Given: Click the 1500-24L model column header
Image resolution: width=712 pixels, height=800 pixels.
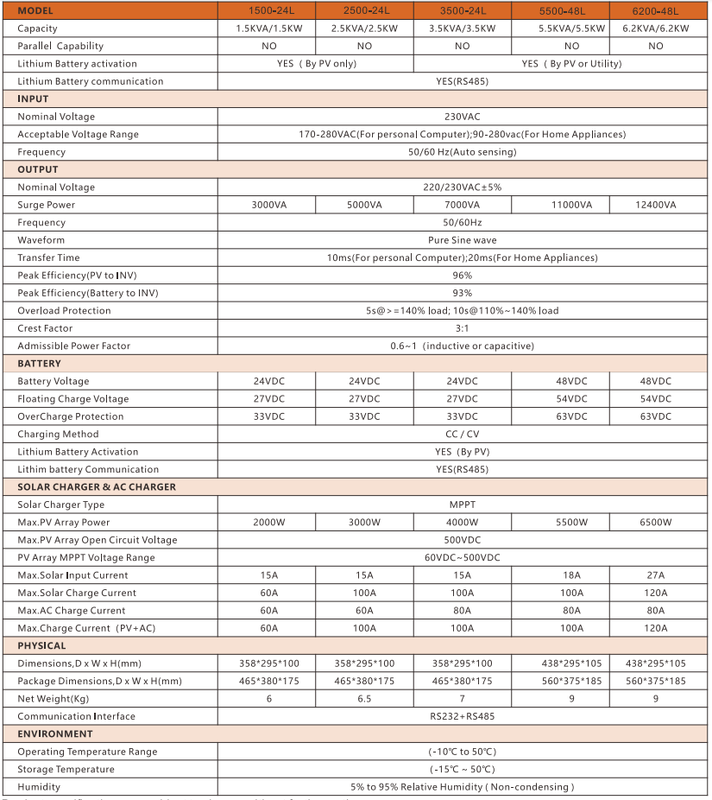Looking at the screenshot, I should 266,10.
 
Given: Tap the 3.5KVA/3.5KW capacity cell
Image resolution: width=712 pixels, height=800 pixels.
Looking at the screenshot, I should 462,29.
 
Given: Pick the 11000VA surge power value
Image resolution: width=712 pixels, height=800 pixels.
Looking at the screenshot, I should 571,205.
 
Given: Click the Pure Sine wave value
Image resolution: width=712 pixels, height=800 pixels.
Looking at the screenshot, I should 462,240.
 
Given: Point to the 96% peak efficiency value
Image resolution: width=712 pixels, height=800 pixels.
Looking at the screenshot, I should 462,276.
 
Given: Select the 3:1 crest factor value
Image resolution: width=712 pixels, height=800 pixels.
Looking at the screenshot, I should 462,328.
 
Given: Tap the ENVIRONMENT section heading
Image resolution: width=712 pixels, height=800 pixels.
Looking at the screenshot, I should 55,734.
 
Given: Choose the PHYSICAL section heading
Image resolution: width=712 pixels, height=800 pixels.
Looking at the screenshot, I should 41,646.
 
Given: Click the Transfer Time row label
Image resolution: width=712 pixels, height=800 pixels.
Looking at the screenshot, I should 48,257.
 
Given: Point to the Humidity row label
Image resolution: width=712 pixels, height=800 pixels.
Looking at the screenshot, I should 39,787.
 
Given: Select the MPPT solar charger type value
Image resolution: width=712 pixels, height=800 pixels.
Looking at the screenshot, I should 462,505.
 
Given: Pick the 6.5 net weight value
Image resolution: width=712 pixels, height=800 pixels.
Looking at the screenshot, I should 364,699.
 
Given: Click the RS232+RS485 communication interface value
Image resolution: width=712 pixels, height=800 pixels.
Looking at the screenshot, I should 462,716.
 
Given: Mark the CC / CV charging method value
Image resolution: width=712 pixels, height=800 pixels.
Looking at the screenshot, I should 462,435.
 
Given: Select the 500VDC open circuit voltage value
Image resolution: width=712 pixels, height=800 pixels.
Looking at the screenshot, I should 462,540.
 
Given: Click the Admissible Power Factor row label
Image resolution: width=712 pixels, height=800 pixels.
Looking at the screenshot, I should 73,346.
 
